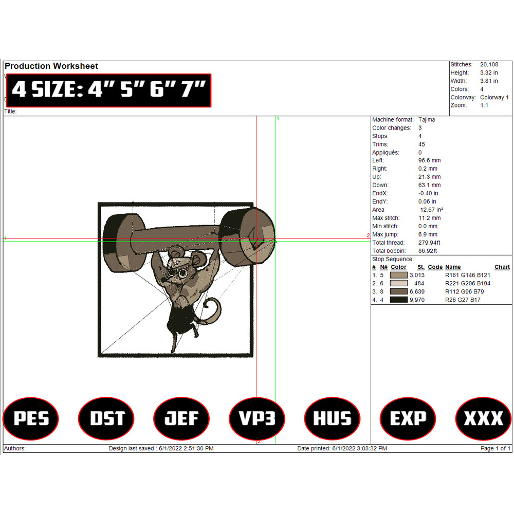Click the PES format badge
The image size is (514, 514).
[x=31, y=418]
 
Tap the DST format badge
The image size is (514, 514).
[x=106, y=418]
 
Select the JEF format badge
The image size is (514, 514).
[x=181, y=418]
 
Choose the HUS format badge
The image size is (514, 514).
[x=333, y=418]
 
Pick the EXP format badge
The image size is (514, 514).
[x=408, y=418]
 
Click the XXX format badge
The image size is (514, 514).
[x=483, y=418]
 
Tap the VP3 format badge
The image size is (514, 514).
[x=257, y=418]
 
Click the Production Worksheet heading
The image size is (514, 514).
[x=51, y=66]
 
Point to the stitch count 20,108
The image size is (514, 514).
[x=489, y=65]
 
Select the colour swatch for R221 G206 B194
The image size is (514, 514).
[x=399, y=283]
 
